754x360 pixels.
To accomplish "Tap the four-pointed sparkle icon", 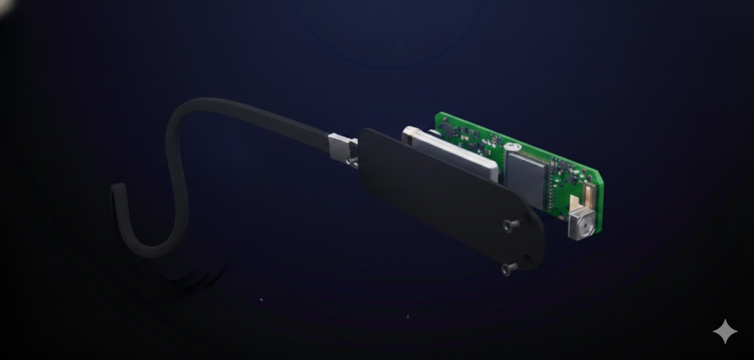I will [x=725, y=331].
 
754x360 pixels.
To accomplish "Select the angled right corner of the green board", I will [x=597, y=177].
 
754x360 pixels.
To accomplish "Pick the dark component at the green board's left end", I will [x=446, y=125].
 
